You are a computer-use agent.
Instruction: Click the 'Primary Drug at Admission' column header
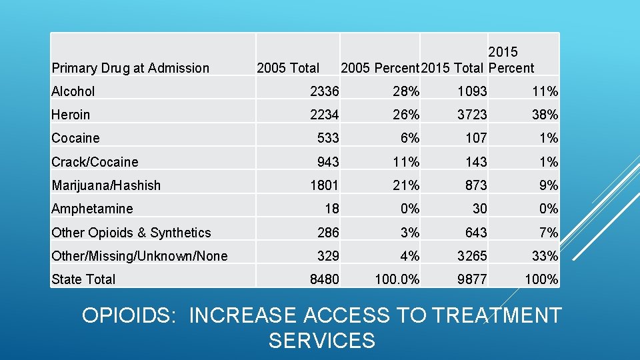131,68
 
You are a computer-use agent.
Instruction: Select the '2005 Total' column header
288,68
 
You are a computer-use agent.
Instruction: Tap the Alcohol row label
73,91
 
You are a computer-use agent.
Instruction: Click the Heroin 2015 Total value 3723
472,115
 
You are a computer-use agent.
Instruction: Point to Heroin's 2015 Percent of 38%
545,115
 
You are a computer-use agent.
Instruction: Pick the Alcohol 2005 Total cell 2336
324,91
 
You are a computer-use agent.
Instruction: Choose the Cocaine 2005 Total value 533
327,138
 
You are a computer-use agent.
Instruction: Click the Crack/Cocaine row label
95,162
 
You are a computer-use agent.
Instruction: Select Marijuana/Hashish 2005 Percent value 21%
405,185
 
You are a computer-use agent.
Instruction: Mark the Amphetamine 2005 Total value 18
331,209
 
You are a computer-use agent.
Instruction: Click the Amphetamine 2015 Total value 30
479,209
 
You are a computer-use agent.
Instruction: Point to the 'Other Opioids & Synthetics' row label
131,233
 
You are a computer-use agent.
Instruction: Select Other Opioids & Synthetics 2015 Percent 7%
549,233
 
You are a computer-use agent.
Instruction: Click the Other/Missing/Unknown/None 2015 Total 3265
472,256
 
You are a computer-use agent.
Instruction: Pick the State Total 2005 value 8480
324,279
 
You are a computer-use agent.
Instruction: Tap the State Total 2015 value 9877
472,279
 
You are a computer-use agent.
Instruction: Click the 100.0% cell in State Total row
397,279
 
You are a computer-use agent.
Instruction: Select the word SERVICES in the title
322,341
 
